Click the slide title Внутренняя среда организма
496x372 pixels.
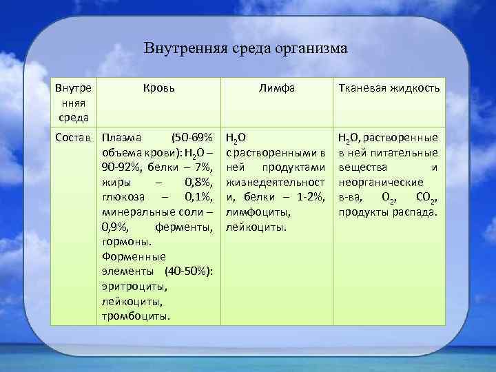click(x=247, y=49)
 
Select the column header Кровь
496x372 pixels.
click(x=159, y=88)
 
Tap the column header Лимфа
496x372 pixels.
click(x=276, y=88)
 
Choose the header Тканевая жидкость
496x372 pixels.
click(x=389, y=88)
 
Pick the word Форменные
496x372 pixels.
click(x=127, y=256)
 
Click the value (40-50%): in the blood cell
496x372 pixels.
click(x=188, y=271)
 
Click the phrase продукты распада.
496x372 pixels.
click(x=387, y=211)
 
